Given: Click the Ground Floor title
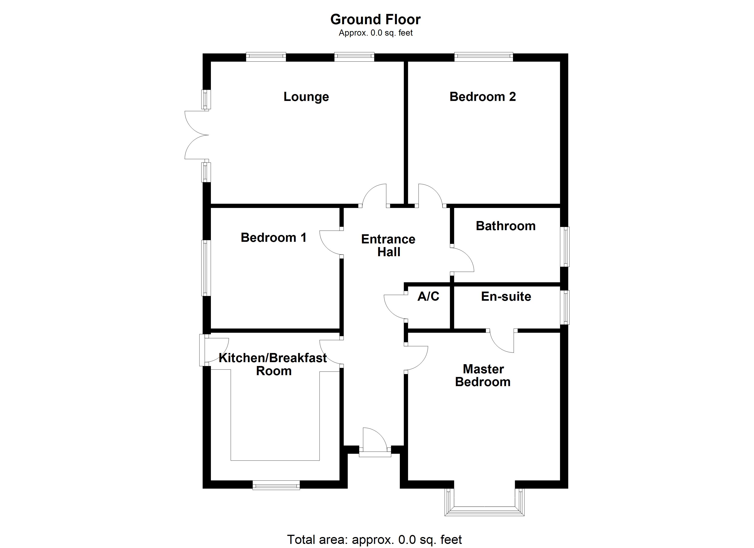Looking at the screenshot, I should tap(375, 20).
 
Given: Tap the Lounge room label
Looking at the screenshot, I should tap(306, 97).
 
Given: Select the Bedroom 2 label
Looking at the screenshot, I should tap(482, 97).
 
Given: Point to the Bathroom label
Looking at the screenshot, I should tap(506, 226).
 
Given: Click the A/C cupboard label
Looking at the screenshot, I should tap(428, 296).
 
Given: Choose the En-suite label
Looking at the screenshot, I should tap(506, 296).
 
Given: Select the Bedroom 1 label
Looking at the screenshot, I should tap(273, 238).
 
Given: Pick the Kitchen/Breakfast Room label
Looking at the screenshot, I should tap(273, 364).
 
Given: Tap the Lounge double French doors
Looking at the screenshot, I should tap(197, 135).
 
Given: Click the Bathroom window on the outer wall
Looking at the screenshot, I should tap(565, 247).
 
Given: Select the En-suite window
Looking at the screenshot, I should tap(565, 307).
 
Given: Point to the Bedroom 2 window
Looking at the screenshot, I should tap(483, 57).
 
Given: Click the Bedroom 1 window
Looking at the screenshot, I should tap(206, 268).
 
